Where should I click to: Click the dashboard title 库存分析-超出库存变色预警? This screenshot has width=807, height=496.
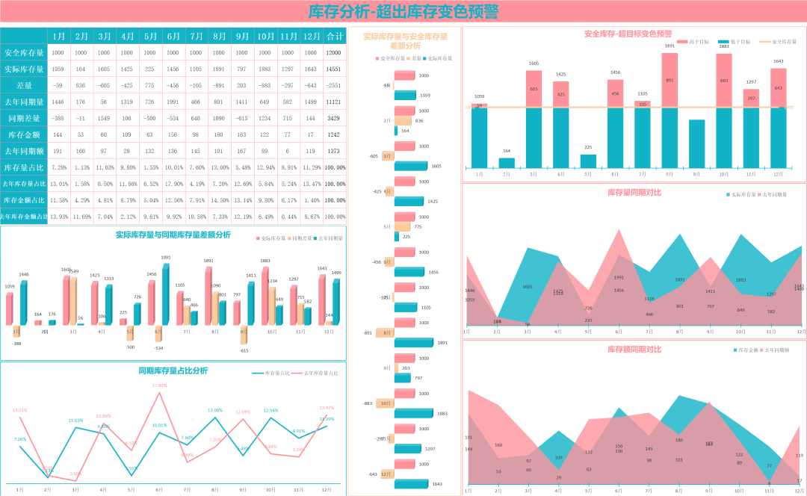403,12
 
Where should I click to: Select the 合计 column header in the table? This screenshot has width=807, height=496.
335,36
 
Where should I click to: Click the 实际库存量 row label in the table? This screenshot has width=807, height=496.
24,69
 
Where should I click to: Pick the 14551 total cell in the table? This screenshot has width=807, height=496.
334,69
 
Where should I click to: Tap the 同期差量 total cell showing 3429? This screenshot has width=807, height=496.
334,118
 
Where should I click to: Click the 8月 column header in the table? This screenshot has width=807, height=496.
219,36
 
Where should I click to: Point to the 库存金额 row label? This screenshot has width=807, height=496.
24,134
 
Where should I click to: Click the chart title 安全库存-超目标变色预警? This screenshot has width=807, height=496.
628,34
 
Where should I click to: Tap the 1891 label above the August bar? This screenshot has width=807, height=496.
669,46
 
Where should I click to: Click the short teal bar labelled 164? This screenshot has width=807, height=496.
507,162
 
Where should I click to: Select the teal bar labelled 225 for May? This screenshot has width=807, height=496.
588,161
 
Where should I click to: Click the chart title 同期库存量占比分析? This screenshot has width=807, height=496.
173,371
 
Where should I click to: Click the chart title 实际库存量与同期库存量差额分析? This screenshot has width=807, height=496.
173,235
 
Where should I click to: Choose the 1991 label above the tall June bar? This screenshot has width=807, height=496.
166,258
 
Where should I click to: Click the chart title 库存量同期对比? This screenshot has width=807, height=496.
634,193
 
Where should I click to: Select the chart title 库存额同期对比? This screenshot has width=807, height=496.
634,349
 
